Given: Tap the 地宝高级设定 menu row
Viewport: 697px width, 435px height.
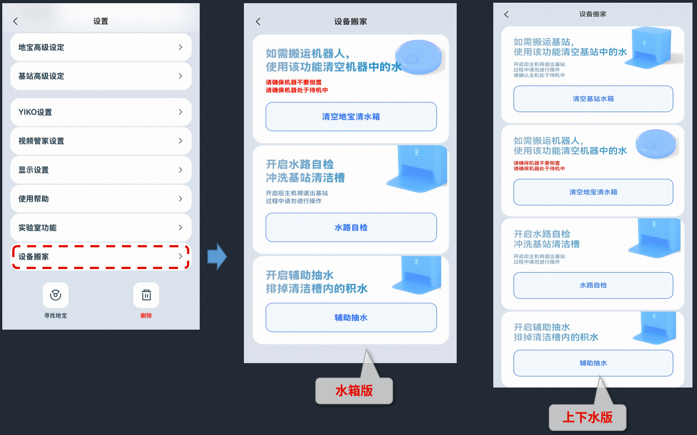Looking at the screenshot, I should (x=100, y=47).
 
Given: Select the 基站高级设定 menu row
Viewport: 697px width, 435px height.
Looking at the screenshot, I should (x=100, y=76).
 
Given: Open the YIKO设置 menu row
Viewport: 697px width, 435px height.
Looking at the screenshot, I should (x=100, y=112).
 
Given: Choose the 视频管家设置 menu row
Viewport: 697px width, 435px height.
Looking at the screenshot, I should (x=100, y=141).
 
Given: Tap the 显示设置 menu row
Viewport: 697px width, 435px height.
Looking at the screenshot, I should (x=100, y=170).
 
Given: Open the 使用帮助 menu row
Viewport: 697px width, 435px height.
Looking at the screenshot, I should (x=100, y=199).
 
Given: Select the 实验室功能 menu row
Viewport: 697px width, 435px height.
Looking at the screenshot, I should (x=100, y=228).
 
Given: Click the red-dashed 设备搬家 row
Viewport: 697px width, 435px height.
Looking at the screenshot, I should (x=100, y=257).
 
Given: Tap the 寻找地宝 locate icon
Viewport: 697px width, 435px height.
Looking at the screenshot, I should (x=56, y=295).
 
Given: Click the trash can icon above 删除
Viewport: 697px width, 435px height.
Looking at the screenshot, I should (x=146, y=295).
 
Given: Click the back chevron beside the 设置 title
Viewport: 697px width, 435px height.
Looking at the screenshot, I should (x=15, y=21).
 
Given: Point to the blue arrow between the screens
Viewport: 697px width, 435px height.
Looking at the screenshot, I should (x=217, y=257).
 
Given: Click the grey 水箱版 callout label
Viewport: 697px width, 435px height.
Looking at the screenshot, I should (x=354, y=391).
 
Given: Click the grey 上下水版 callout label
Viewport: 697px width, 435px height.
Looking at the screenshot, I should (x=587, y=417).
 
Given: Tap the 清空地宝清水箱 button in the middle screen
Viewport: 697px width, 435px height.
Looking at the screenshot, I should (x=351, y=117).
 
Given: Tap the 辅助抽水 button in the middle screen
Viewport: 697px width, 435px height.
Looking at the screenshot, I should (x=351, y=317).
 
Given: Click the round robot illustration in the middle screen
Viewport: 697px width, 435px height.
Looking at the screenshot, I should (x=418, y=57).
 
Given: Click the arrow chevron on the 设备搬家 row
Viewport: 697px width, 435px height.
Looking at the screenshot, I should (x=180, y=256).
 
